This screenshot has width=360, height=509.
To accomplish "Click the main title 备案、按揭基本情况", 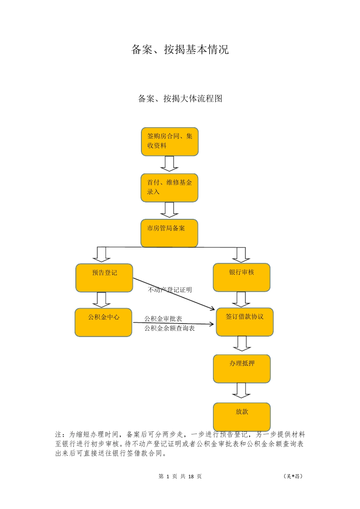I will [x=180, y=50].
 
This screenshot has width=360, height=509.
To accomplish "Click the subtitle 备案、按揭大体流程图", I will [x=180, y=99].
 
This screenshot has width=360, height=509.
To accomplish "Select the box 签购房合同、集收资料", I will [x=170, y=142].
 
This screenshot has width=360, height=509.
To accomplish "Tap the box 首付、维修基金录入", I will [x=170, y=188].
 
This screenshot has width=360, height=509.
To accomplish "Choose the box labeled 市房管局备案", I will [x=169, y=233].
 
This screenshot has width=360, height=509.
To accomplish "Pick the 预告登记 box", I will [x=104, y=278].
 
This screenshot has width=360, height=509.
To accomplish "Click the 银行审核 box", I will [x=242, y=278].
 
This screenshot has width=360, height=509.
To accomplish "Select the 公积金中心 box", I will [x=103, y=322].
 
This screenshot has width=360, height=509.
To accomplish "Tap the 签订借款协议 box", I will [x=245, y=322].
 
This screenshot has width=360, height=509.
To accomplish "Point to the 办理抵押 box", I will [x=242, y=368].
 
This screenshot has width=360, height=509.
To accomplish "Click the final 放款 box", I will [x=242, y=416].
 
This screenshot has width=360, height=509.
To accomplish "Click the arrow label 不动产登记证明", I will [x=170, y=290].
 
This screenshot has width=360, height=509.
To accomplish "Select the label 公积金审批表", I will [x=163, y=319].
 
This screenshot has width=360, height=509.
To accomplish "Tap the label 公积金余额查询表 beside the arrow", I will [x=169, y=328].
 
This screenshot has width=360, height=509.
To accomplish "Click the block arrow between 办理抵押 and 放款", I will [x=241, y=390].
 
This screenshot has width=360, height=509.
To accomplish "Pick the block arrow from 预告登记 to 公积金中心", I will [x=102, y=300].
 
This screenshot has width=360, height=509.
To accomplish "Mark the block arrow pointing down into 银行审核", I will [x=241, y=255].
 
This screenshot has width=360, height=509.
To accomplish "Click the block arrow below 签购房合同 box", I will [x=169, y=164].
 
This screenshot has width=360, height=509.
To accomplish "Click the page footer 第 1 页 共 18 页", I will [x=180, y=476].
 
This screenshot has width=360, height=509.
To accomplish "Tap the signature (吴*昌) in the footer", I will [x=293, y=476].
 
